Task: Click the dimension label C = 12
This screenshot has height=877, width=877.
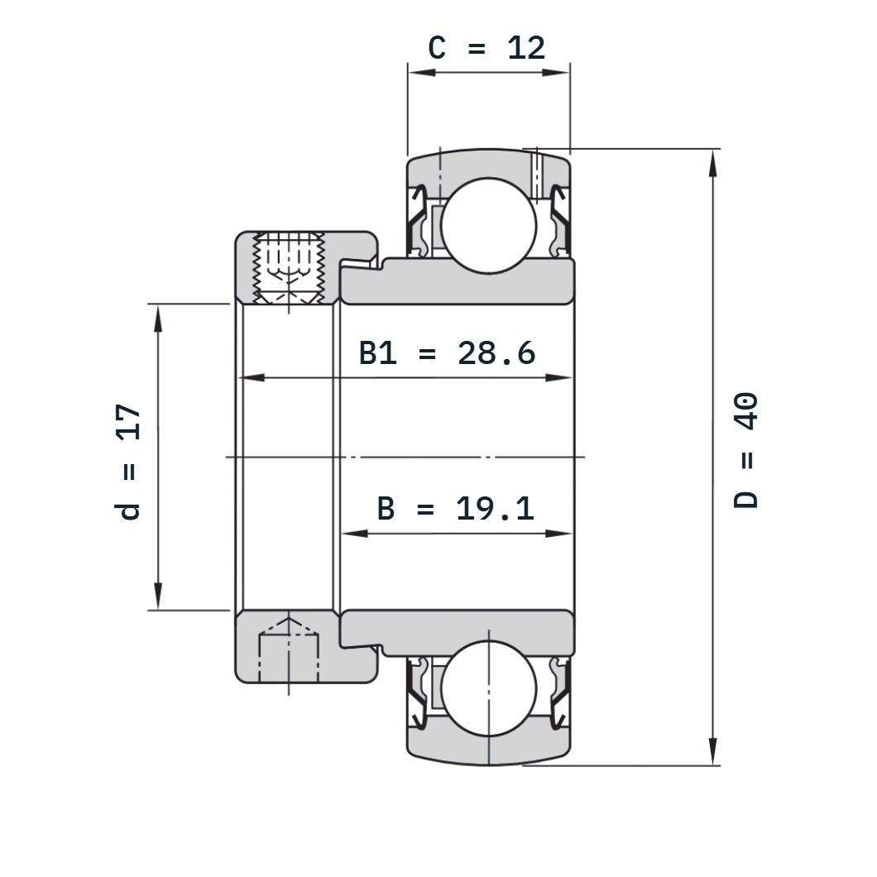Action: point(486,47)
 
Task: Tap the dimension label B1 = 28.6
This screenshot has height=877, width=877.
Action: point(447,353)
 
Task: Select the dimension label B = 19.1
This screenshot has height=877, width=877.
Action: point(455,509)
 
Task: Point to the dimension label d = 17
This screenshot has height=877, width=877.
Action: point(127,462)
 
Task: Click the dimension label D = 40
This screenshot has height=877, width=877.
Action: point(745,450)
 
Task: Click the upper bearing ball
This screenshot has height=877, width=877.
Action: point(488,226)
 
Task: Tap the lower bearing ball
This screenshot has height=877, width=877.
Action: point(488,688)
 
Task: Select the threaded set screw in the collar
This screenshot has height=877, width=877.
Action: point(289,268)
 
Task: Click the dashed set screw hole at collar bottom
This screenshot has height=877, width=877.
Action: point(289,650)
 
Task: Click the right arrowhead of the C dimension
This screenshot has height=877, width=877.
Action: point(556,72)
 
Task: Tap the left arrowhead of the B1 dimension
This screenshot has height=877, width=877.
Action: point(252,378)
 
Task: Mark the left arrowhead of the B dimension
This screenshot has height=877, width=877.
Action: point(354,534)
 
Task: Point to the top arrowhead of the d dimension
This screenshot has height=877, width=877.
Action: point(158,319)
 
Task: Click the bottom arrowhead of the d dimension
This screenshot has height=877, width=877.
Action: point(158,597)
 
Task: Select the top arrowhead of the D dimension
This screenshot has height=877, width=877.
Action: point(712,163)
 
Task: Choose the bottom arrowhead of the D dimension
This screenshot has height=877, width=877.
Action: point(712,751)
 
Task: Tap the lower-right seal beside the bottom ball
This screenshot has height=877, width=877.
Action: point(560,693)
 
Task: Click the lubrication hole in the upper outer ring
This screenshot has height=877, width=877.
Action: point(536,175)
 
